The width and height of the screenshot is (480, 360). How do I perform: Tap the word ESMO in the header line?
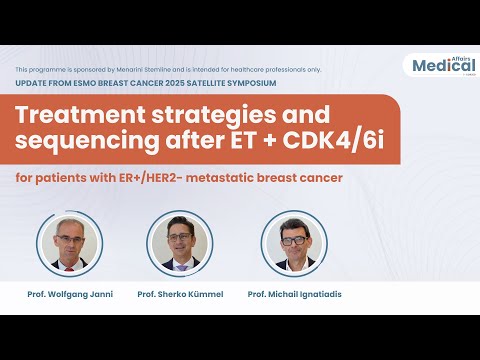(84, 82)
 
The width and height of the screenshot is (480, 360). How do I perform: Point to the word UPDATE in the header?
(31, 82)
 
